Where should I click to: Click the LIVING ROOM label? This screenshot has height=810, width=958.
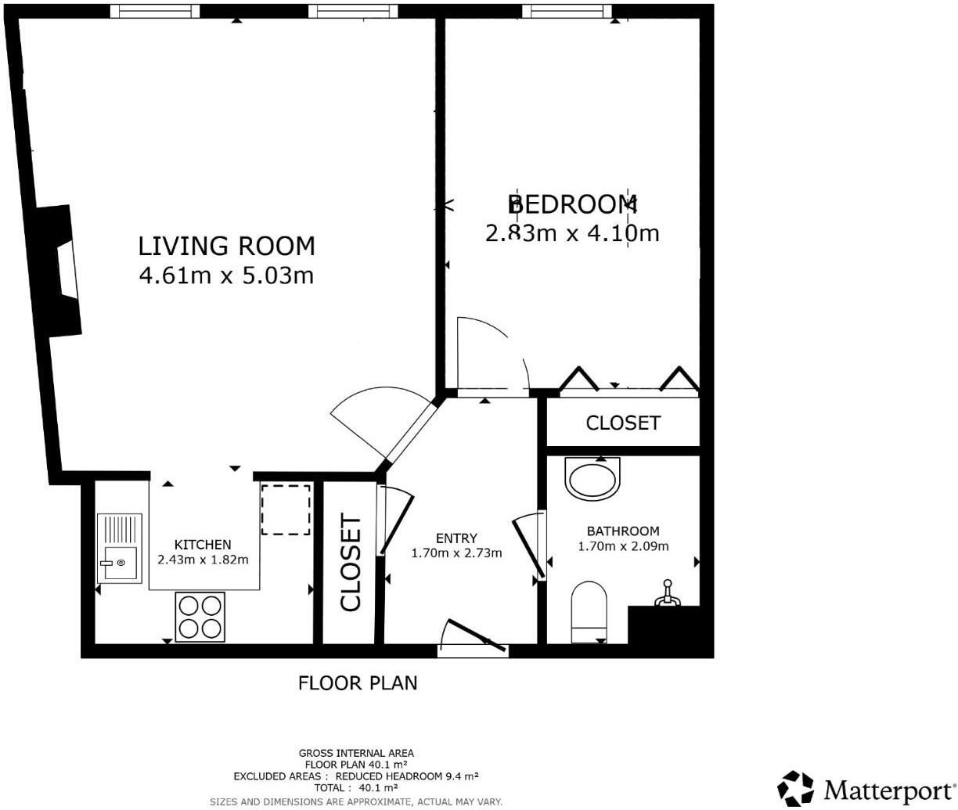pyautogui.click(x=226, y=246)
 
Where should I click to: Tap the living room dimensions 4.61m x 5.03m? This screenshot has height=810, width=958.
pyautogui.click(x=226, y=275)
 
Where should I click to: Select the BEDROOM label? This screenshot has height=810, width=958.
pyautogui.click(x=572, y=204)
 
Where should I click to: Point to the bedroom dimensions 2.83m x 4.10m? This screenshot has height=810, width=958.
pyautogui.click(x=572, y=233)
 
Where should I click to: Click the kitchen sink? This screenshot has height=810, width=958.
pyautogui.click(x=120, y=548)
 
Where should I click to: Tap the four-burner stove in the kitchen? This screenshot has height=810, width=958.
pyautogui.click(x=200, y=617)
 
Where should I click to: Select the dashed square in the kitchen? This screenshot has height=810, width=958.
pyautogui.click(x=286, y=509)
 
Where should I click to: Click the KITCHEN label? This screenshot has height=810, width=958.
pyautogui.click(x=203, y=545)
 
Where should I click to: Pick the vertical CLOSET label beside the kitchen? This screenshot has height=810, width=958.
pyautogui.click(x=350, y=562)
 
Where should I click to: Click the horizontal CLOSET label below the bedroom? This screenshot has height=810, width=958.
pyautogui.click(x=623, y=423)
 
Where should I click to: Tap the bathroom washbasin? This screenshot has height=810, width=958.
pyautogui.click(x=592, y=478)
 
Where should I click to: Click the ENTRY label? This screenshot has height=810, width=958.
pyautogui.click(x=456, y=538)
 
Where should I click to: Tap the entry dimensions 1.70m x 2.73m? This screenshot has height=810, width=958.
pyautogui.click(x=456, y=553)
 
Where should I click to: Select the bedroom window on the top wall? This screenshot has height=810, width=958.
pyautogui.click(x=566, y=10)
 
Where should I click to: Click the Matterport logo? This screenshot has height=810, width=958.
pyautogui.click(x=866, y=788)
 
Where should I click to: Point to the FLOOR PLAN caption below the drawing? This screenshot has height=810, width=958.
pyautogui.click(x=358, y=683)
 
